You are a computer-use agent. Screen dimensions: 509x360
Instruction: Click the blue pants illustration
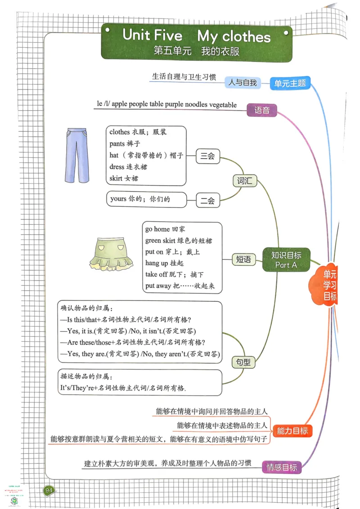tap(76, 155)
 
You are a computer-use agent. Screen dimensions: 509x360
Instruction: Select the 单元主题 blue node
tap(290, 83)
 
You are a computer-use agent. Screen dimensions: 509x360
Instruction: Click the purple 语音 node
tap(262, 110)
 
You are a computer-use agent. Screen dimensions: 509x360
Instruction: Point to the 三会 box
tap(207, 156)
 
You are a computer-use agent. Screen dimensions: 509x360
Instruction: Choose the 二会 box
tap(207, 201)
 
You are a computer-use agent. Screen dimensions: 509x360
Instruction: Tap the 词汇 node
tap(244, 181)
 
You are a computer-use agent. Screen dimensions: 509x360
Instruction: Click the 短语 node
tap(243, 259)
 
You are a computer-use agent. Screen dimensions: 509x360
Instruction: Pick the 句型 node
tap(243, 362)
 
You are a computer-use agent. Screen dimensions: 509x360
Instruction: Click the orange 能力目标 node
tap(292, 431)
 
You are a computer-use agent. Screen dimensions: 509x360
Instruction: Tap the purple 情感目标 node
tap(281, 467)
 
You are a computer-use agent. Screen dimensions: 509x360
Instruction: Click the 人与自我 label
tap(243, 82)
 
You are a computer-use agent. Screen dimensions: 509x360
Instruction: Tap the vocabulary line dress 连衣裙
tap(128, 167)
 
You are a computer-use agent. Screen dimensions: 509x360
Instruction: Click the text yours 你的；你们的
tap(140, 199)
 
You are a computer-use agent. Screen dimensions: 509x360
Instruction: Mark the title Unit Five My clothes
tap(196, 36)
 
